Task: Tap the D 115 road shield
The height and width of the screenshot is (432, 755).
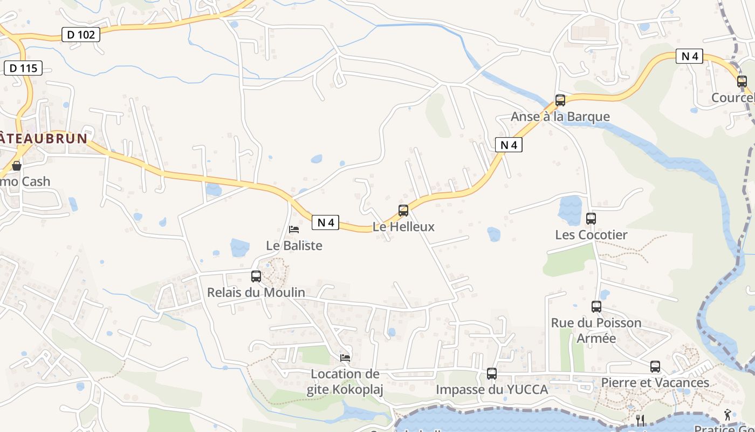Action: point(23,68)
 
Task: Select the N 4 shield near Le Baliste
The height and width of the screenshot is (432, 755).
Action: point(325,222)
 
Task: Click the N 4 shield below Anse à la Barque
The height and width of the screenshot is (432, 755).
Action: point(509,145)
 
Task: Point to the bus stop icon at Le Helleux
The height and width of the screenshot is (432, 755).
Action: point(403,211)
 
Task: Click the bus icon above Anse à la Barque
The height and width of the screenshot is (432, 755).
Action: point(560,100)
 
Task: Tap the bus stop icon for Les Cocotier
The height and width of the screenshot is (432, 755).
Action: point(591,219)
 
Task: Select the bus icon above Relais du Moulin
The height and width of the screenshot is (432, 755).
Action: point(256,276)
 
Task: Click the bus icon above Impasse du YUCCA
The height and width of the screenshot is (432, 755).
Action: point(491,373)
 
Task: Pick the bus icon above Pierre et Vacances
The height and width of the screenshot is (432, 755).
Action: point(655,367)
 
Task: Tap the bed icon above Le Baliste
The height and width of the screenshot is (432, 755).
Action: point(294,230)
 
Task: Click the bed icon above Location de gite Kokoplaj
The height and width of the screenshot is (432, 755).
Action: point(345,357)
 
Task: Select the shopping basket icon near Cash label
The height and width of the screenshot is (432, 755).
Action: point(17,165)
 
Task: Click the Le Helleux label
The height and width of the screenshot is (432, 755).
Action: point(403,227)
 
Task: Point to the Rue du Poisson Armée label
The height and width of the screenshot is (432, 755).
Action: point(596,330)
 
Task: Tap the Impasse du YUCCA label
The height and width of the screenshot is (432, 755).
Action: point(492,389)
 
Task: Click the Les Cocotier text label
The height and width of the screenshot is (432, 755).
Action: point(591,235)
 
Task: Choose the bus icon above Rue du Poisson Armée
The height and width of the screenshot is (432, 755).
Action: point(596,307)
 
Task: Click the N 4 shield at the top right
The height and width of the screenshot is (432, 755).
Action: point(690,56)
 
